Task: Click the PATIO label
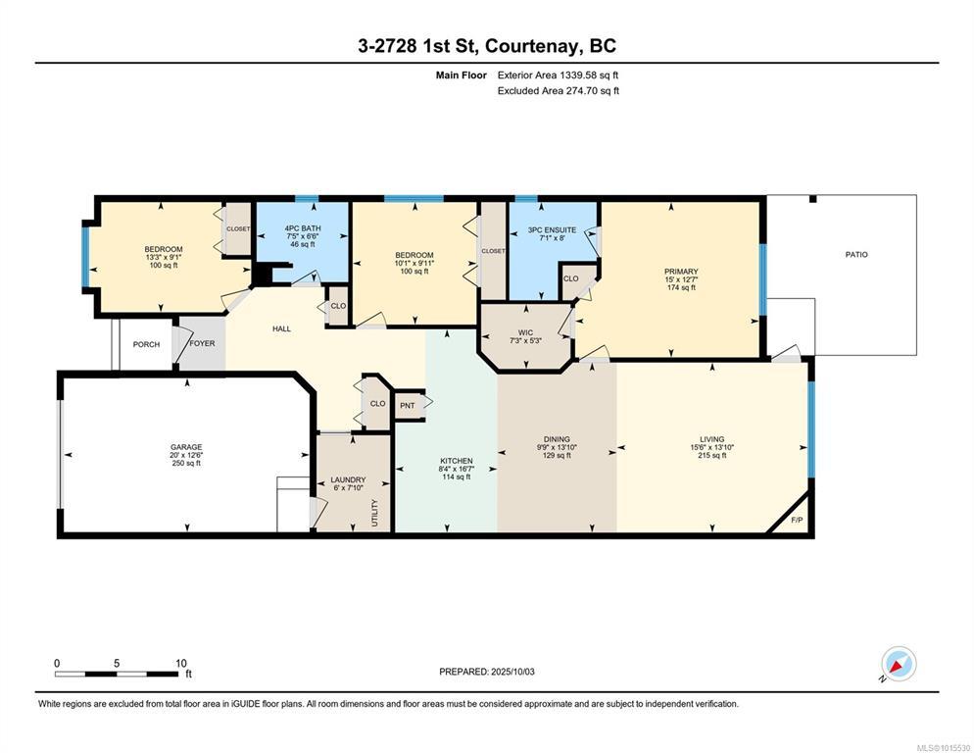click(856, 254)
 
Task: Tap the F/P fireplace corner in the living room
click(796, 520)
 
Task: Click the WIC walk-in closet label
click(525, 332)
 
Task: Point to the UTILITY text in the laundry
click(374, 513)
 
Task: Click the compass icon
click(899, 664)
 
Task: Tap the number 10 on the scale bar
click(180, 663)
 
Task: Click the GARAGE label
click(186, 447)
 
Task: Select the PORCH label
click(147, 344)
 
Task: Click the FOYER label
click(202, 343)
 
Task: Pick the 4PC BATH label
click(303, 228)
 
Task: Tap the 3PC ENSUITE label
click(552, 229)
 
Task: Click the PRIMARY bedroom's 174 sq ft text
click(681, 287)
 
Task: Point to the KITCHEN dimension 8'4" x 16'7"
click(457, 469)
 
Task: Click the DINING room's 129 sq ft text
click(557, 455)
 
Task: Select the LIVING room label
click(711, 439)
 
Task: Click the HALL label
click(281, 328)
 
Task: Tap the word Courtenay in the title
click(534, 46)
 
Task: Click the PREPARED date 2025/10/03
click(512, 672)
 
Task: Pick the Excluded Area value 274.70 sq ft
click(592, 91)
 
